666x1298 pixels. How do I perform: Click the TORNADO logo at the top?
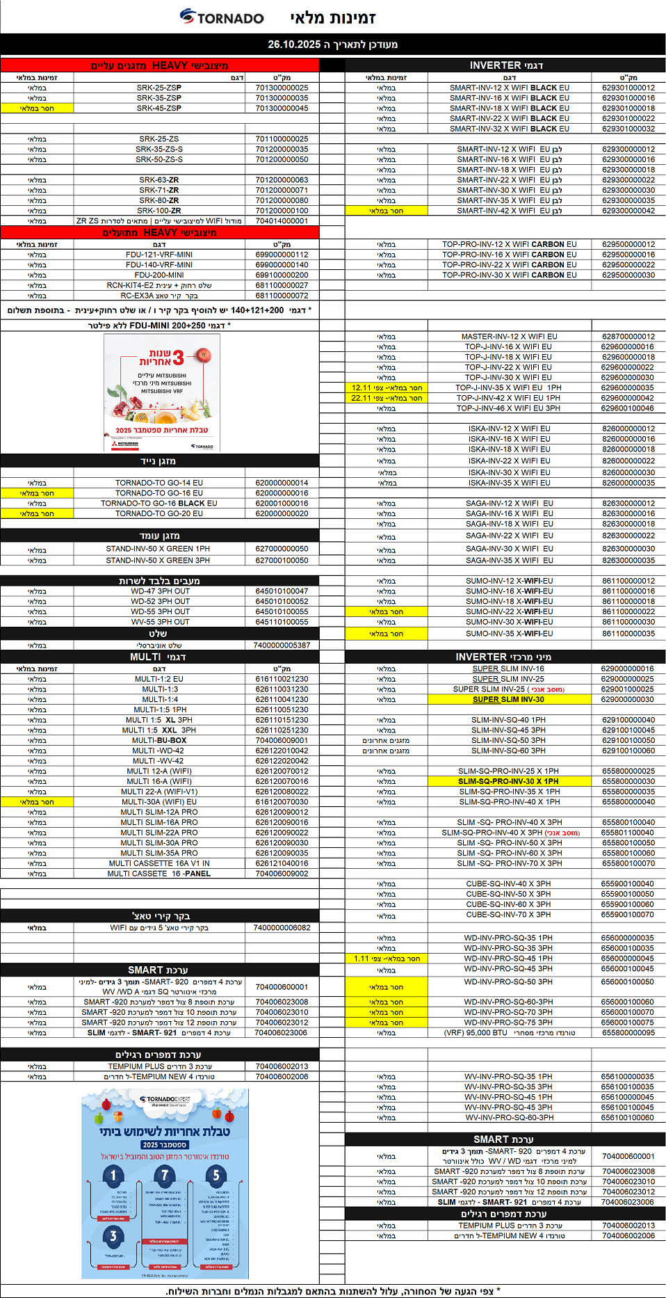click(222, 17)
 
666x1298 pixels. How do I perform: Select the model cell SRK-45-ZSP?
click(159, 108)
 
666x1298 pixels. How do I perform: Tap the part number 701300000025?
click(282, 88)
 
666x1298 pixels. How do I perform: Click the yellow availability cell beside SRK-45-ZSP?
click(37, 108)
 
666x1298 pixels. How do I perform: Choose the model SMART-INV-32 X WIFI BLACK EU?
click(509, 129)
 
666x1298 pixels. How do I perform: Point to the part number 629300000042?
click(628, 211)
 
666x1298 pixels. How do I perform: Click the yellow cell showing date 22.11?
click(387, 398)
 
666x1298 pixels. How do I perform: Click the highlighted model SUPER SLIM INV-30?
click(508, 699)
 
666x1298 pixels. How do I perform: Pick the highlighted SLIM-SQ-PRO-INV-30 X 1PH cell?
click(508, 781)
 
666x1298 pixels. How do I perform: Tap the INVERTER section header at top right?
click(505, 65)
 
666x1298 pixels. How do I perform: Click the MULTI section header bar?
click(159, 657)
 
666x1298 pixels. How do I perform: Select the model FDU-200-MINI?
click(159, 275)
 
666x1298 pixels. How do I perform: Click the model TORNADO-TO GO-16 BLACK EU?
click(159, 503)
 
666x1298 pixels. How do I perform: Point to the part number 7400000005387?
click(282, 645)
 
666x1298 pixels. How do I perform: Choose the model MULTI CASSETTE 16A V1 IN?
click(159, 863)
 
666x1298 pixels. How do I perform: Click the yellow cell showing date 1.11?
click(387, 959)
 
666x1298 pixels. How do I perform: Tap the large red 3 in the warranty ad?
click(179, 358)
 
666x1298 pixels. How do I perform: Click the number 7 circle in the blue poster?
click(165, 1175)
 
